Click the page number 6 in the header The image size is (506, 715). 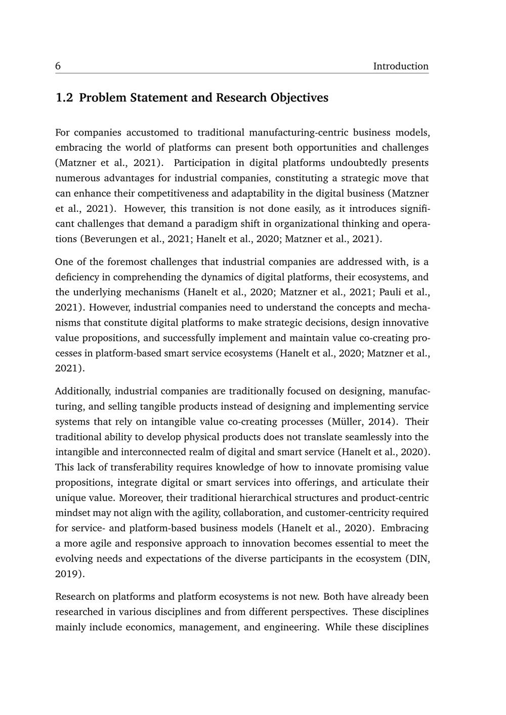(58, 66)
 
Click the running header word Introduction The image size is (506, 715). (400, 66)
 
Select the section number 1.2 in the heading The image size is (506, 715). (64, 98)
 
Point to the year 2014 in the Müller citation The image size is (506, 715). (379, 422)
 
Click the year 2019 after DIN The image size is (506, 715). (66, 574)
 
